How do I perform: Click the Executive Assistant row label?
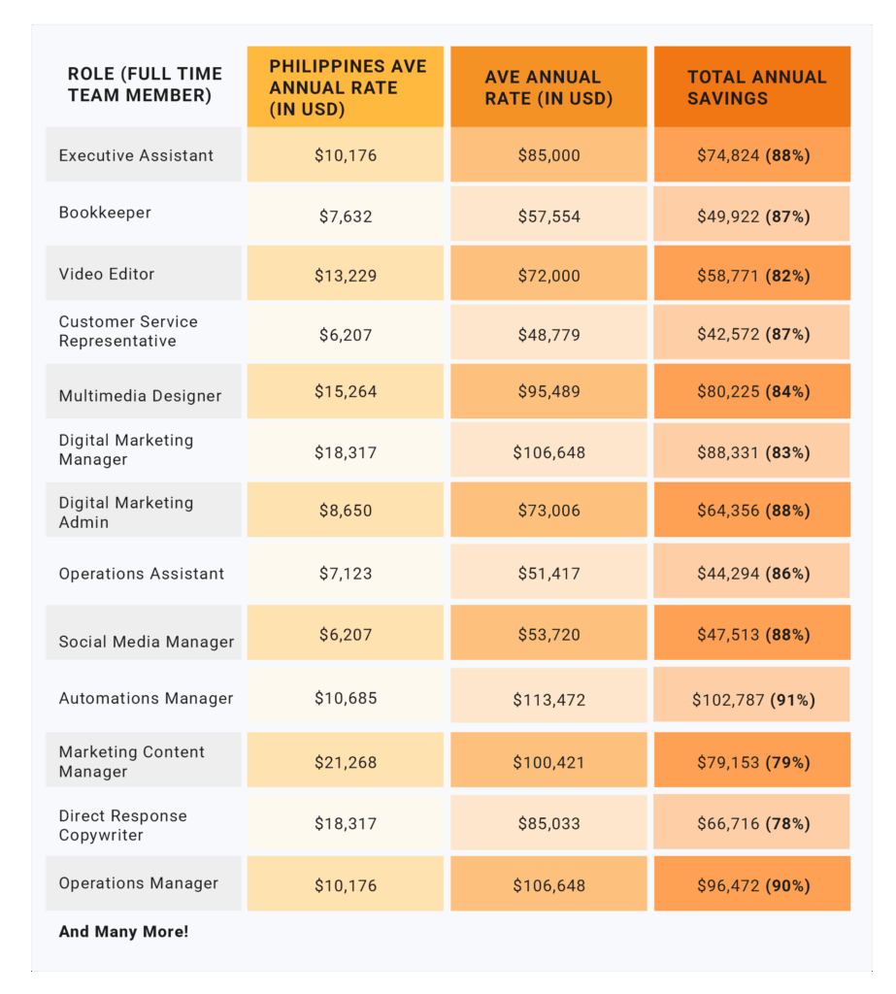136,155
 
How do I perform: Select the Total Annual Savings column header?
756,87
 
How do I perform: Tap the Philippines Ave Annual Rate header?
347,87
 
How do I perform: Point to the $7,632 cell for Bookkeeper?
346,216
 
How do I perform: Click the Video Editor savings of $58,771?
752,275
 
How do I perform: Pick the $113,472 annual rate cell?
548,699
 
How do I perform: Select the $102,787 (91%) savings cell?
753,699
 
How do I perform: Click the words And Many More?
123,932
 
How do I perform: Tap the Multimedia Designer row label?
140,396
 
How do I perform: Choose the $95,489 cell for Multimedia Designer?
548,392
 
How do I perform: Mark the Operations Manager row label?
138,883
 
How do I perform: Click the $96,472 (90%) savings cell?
752,885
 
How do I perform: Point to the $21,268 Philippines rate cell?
346,762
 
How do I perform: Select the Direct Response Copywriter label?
122,825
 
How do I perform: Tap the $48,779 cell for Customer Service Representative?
548,334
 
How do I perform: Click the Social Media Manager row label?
146,642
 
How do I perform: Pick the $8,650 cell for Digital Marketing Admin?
346,510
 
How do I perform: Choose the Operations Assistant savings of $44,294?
752,573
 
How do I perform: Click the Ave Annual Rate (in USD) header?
548,87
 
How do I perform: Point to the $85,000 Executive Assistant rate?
548,155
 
